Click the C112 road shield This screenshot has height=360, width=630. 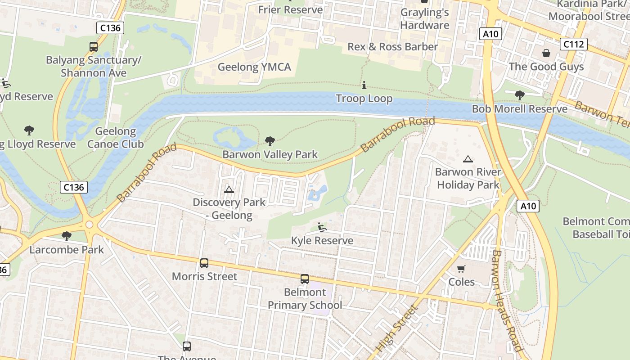click(574, 44)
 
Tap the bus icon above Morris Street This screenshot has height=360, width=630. click(204, 263)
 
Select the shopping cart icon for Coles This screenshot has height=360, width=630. click(461, 269)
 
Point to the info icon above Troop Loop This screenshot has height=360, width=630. click(364, 85)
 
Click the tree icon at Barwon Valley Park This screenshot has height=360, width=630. click(270, 141)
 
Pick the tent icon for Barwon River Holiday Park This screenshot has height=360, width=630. click(468, 159)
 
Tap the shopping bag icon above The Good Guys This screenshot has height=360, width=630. click(546, 53)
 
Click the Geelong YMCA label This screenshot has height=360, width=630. click(254, 67)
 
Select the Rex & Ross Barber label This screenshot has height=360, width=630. click(392, 47)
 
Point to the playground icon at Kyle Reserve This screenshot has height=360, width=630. click(322, 227)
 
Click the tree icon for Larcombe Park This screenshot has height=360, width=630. click(67, 236)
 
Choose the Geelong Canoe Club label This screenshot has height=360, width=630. click(116, 138)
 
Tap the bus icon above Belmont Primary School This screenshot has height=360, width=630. click(305, 279)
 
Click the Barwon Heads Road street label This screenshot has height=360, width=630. click(506, 301)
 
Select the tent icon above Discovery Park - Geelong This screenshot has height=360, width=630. click(229, 189)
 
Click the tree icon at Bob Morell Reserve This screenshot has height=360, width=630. click(520, 95)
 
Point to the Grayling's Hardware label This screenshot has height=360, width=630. click(425, 19)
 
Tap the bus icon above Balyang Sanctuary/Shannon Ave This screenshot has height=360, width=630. click(94, 46)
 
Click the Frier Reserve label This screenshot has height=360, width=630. click(291, 9)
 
